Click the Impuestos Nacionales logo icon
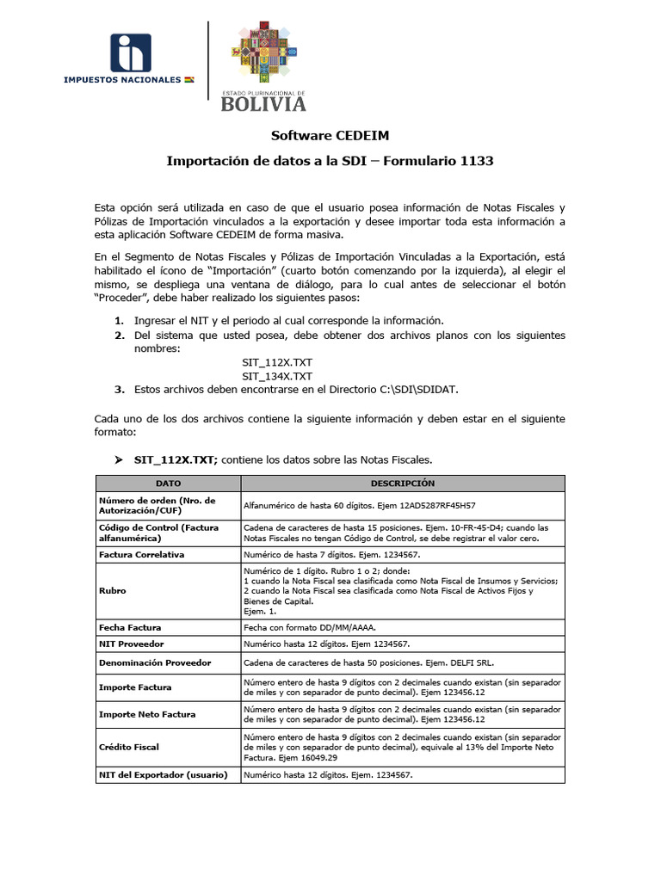point(130,53)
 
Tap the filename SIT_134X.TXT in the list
point(277,376)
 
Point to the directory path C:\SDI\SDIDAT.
point(419,389)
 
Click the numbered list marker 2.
point(120,336)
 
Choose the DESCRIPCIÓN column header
point(402,484)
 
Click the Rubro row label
point(114,591)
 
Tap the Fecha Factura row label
point(130,627)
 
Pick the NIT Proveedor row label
point(132,644)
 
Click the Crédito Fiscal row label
point(129,747)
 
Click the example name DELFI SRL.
point(472,662)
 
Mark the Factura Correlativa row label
point(142,554)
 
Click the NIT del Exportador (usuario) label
point(164,774)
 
